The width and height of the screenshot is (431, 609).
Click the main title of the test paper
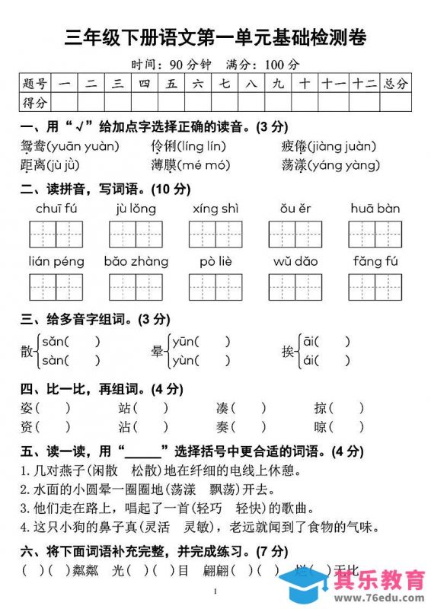[215, 37]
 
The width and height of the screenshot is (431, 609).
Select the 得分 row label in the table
[35, 102]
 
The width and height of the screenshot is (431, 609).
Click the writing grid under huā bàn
[375, 234]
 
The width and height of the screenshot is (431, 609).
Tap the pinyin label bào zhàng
[136, 261]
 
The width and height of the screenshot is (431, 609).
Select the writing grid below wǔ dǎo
[295, 287]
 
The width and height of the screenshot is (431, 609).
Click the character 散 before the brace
[27, 351]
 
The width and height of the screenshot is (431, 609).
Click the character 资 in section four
[27, 427]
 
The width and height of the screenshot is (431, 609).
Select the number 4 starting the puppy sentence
[24, 526]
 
